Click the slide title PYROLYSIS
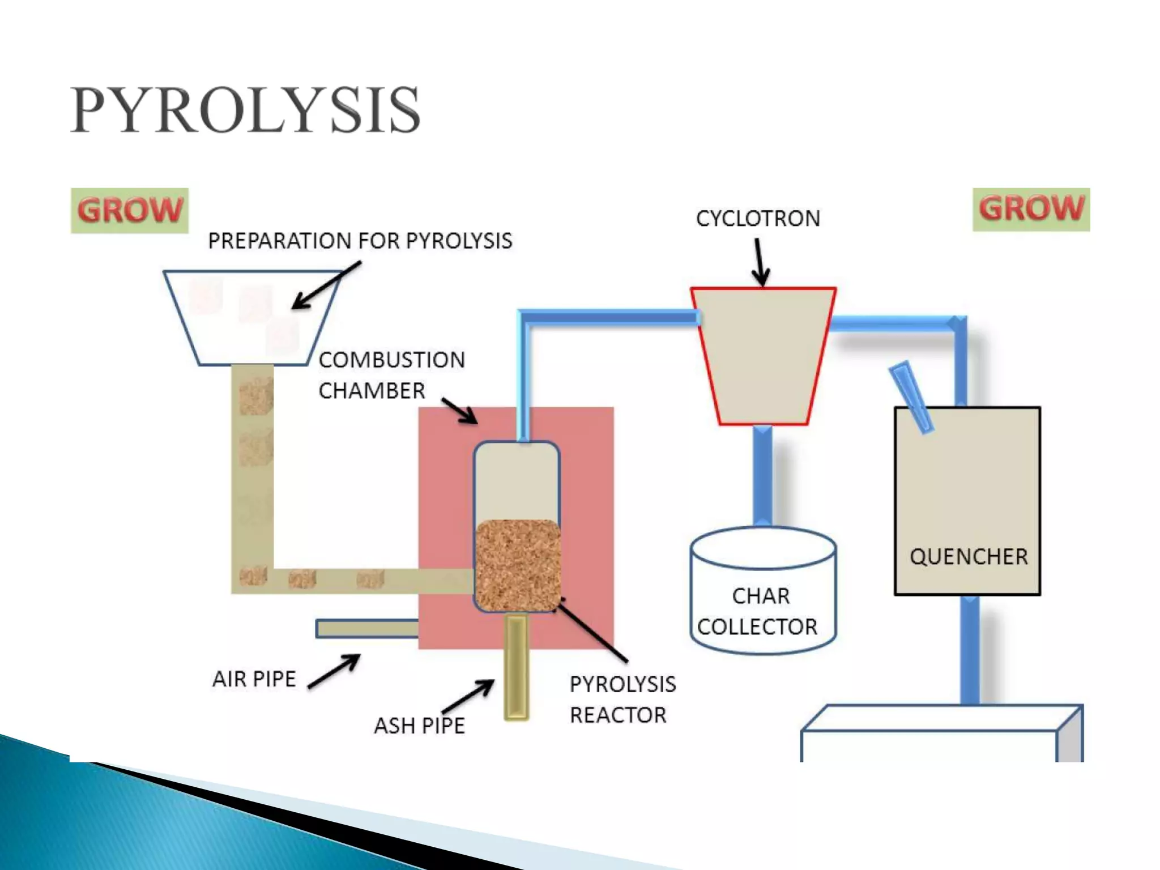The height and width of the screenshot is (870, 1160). pos(245,110)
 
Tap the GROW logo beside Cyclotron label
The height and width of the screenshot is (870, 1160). pos(1031,209)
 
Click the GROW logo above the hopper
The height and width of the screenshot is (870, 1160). pos(130,210)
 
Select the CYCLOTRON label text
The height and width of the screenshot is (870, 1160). pos(758,219)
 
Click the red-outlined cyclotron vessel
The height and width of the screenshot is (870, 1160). pos(763,357)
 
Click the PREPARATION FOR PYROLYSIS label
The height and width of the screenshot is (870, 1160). pos(360,241)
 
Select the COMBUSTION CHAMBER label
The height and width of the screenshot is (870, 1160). pos(391,375)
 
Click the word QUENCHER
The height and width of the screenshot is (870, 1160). pos(969,557)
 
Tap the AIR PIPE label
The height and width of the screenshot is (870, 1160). pos(254,679)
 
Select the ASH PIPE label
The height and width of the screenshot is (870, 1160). pos(419,726)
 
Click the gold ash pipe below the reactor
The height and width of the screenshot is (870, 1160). pos(516,668)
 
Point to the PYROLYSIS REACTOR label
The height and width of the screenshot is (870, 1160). pos(622,700)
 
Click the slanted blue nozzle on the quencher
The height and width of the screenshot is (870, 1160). pos(911,397)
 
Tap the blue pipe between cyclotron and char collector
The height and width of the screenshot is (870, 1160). pos(762,476)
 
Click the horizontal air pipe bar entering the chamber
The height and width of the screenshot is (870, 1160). pos(367,629)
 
